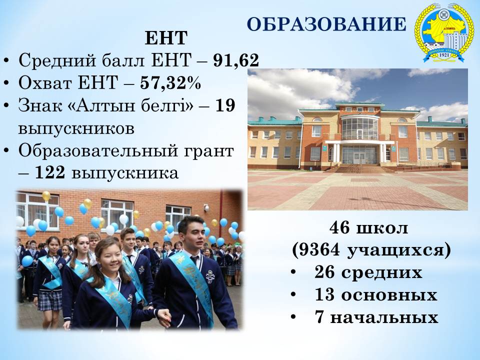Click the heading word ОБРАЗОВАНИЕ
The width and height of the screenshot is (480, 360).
[326, 24]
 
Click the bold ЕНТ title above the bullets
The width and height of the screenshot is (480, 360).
[166, 38]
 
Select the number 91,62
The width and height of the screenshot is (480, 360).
[236, 60]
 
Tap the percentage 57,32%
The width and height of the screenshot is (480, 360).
[170, 82]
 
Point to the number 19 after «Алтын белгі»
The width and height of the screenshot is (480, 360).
[225, 105]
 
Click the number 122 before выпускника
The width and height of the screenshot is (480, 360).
[50, 173]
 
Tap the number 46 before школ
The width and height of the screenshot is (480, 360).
[339, 228]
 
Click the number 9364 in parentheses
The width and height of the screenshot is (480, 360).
[319, 250]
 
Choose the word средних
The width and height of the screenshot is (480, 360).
[381, 273]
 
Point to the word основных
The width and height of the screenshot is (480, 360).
[389, 295]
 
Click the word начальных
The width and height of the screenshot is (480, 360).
[384, 317]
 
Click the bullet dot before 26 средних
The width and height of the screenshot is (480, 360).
[294, 272]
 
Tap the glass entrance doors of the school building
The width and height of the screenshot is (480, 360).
[359, 155]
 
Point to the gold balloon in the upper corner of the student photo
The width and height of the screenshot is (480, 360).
[46, 196]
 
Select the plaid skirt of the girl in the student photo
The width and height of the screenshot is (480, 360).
[50, 300]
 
